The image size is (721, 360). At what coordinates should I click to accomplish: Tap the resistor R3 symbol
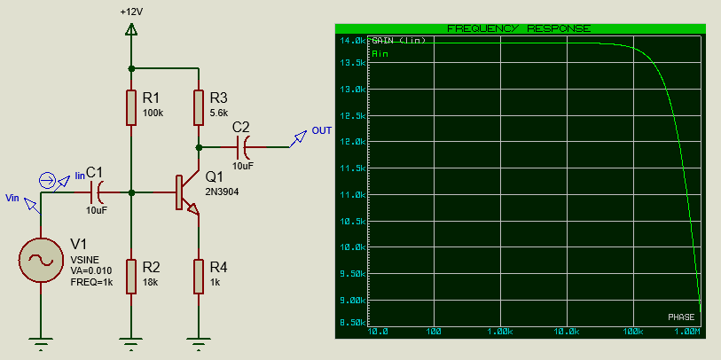point(198,107)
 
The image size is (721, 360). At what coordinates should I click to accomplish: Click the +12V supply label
point(131,13)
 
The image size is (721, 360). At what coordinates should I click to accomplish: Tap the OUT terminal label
point(321,131)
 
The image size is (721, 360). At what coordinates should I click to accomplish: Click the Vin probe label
point(12,197)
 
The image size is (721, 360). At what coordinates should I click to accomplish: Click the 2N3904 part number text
point(222,192)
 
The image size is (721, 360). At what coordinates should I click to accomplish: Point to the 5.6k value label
point(219,113)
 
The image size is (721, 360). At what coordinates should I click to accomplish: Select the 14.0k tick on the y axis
point(352,41)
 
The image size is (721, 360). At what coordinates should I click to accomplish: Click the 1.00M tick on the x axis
point(687,331)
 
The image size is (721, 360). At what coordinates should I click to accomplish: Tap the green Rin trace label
point(380,54)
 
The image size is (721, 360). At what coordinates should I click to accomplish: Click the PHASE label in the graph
point(681,317)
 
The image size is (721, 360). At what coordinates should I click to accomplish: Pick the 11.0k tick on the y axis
point(352,195)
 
